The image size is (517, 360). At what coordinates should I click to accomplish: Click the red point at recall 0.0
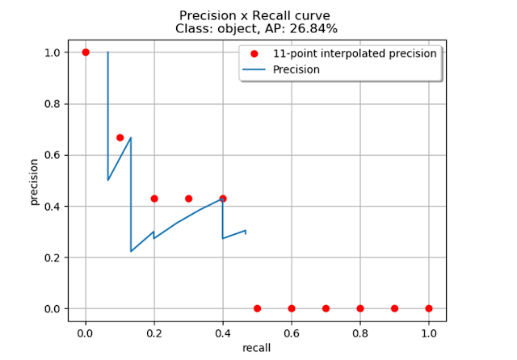86,52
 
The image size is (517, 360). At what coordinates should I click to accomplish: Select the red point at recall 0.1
120,138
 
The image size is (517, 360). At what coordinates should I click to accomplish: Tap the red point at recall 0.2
154,199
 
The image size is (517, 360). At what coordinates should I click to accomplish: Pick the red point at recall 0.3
188,199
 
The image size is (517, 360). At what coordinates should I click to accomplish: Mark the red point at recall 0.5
257,308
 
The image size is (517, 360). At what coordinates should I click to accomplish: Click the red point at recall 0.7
326,308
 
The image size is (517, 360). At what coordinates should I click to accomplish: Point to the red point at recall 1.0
429,308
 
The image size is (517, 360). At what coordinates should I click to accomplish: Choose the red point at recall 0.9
394,308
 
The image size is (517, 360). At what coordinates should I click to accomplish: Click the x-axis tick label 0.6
292,330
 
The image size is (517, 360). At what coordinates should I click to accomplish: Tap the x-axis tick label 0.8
360,330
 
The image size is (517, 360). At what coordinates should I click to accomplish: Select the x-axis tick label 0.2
154,330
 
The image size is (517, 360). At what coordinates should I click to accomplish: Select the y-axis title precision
35,180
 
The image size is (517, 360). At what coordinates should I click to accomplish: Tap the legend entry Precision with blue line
296,69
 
